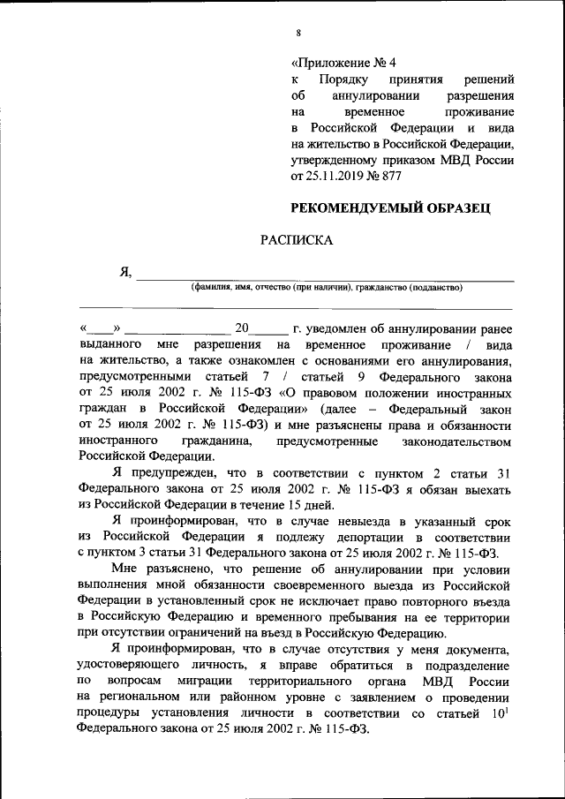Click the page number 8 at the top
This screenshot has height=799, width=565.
point(298,33)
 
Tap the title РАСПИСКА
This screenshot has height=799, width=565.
point(296,240)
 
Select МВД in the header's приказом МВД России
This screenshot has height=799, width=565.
point(452,161)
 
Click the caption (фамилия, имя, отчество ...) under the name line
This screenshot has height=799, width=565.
point(327,287)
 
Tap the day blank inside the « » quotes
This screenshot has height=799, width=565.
point(102,328)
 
